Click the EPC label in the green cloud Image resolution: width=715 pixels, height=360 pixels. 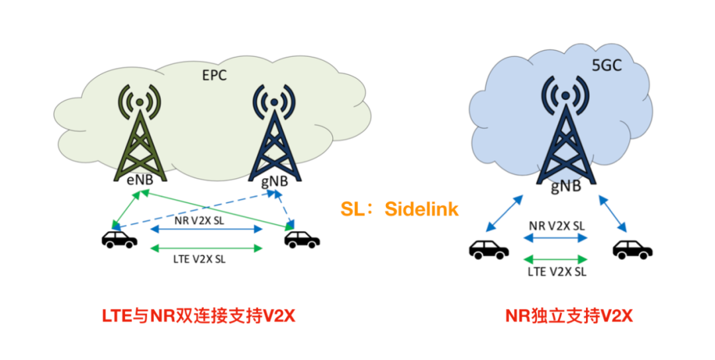click(x=214, y=75)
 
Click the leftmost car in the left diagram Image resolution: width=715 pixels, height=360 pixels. click(x=119, y=239)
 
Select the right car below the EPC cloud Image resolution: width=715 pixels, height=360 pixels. click(x=302, y=239)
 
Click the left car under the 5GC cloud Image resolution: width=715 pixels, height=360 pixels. click(x=489, y=249)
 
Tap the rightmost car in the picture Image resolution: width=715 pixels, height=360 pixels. click(x=632, y=249)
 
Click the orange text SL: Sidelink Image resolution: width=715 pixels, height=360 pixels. click(x=399, y=209)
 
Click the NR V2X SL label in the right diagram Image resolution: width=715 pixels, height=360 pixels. click(x=556, y=226)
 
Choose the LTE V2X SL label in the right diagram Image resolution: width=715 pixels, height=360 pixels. click(x=556, y=271)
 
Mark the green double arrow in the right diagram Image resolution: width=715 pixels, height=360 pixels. click(x=556, y=258)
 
